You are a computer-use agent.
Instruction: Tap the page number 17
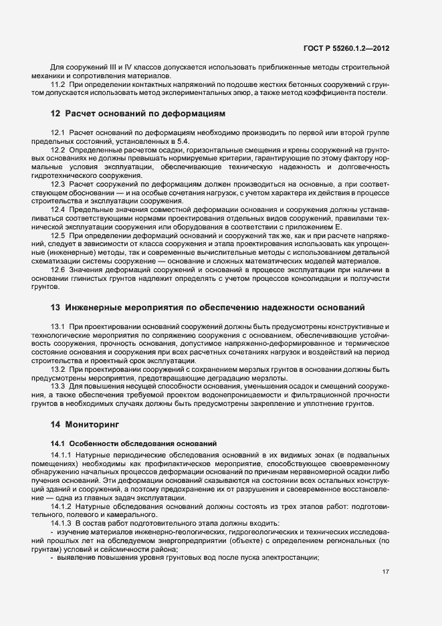click(386, 572)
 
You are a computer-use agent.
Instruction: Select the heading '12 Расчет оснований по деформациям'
click(138, 113)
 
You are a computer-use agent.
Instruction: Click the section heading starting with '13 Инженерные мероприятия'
click(207, 308)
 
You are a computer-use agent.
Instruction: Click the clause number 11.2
click(58, 85)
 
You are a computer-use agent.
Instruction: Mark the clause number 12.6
click(58, 269)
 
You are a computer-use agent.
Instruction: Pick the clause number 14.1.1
click(61, 455)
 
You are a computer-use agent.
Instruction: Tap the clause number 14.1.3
click(61, 522)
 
